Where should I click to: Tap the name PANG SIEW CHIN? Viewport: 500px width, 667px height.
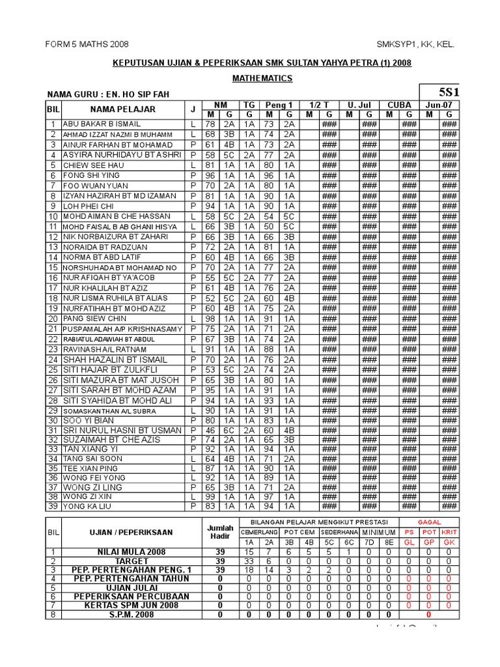(x=94, y=319)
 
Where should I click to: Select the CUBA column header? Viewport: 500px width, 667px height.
(x=399, y=105)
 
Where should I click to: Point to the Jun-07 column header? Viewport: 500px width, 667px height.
(x=439, y=105)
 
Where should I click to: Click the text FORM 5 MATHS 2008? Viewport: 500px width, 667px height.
(x=87, y=44)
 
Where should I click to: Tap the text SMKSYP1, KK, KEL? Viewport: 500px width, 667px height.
(x=415, y=44)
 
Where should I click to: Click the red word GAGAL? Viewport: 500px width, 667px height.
(x=429, y=522)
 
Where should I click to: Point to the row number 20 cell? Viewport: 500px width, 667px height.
(x=53, y=319)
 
